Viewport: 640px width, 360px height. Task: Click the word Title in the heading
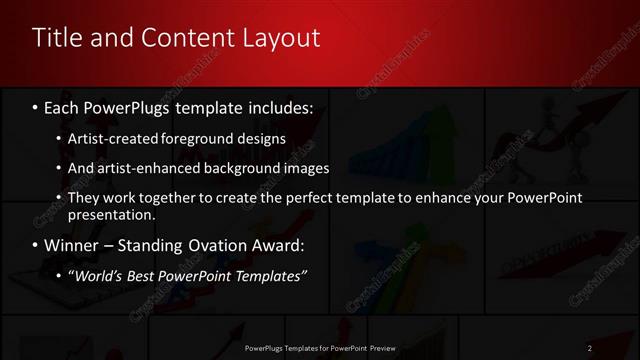pyautogui.click(x=56, y=38)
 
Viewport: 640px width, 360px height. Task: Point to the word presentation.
pyautogui.click(x=111, y=214)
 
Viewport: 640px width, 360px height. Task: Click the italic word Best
pyautogui.click(x=146, y=275)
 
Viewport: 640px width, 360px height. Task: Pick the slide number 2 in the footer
pyautogui.click(x=589, y=348)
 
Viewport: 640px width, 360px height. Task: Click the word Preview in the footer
pyautogui.click(x=381, y=348)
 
